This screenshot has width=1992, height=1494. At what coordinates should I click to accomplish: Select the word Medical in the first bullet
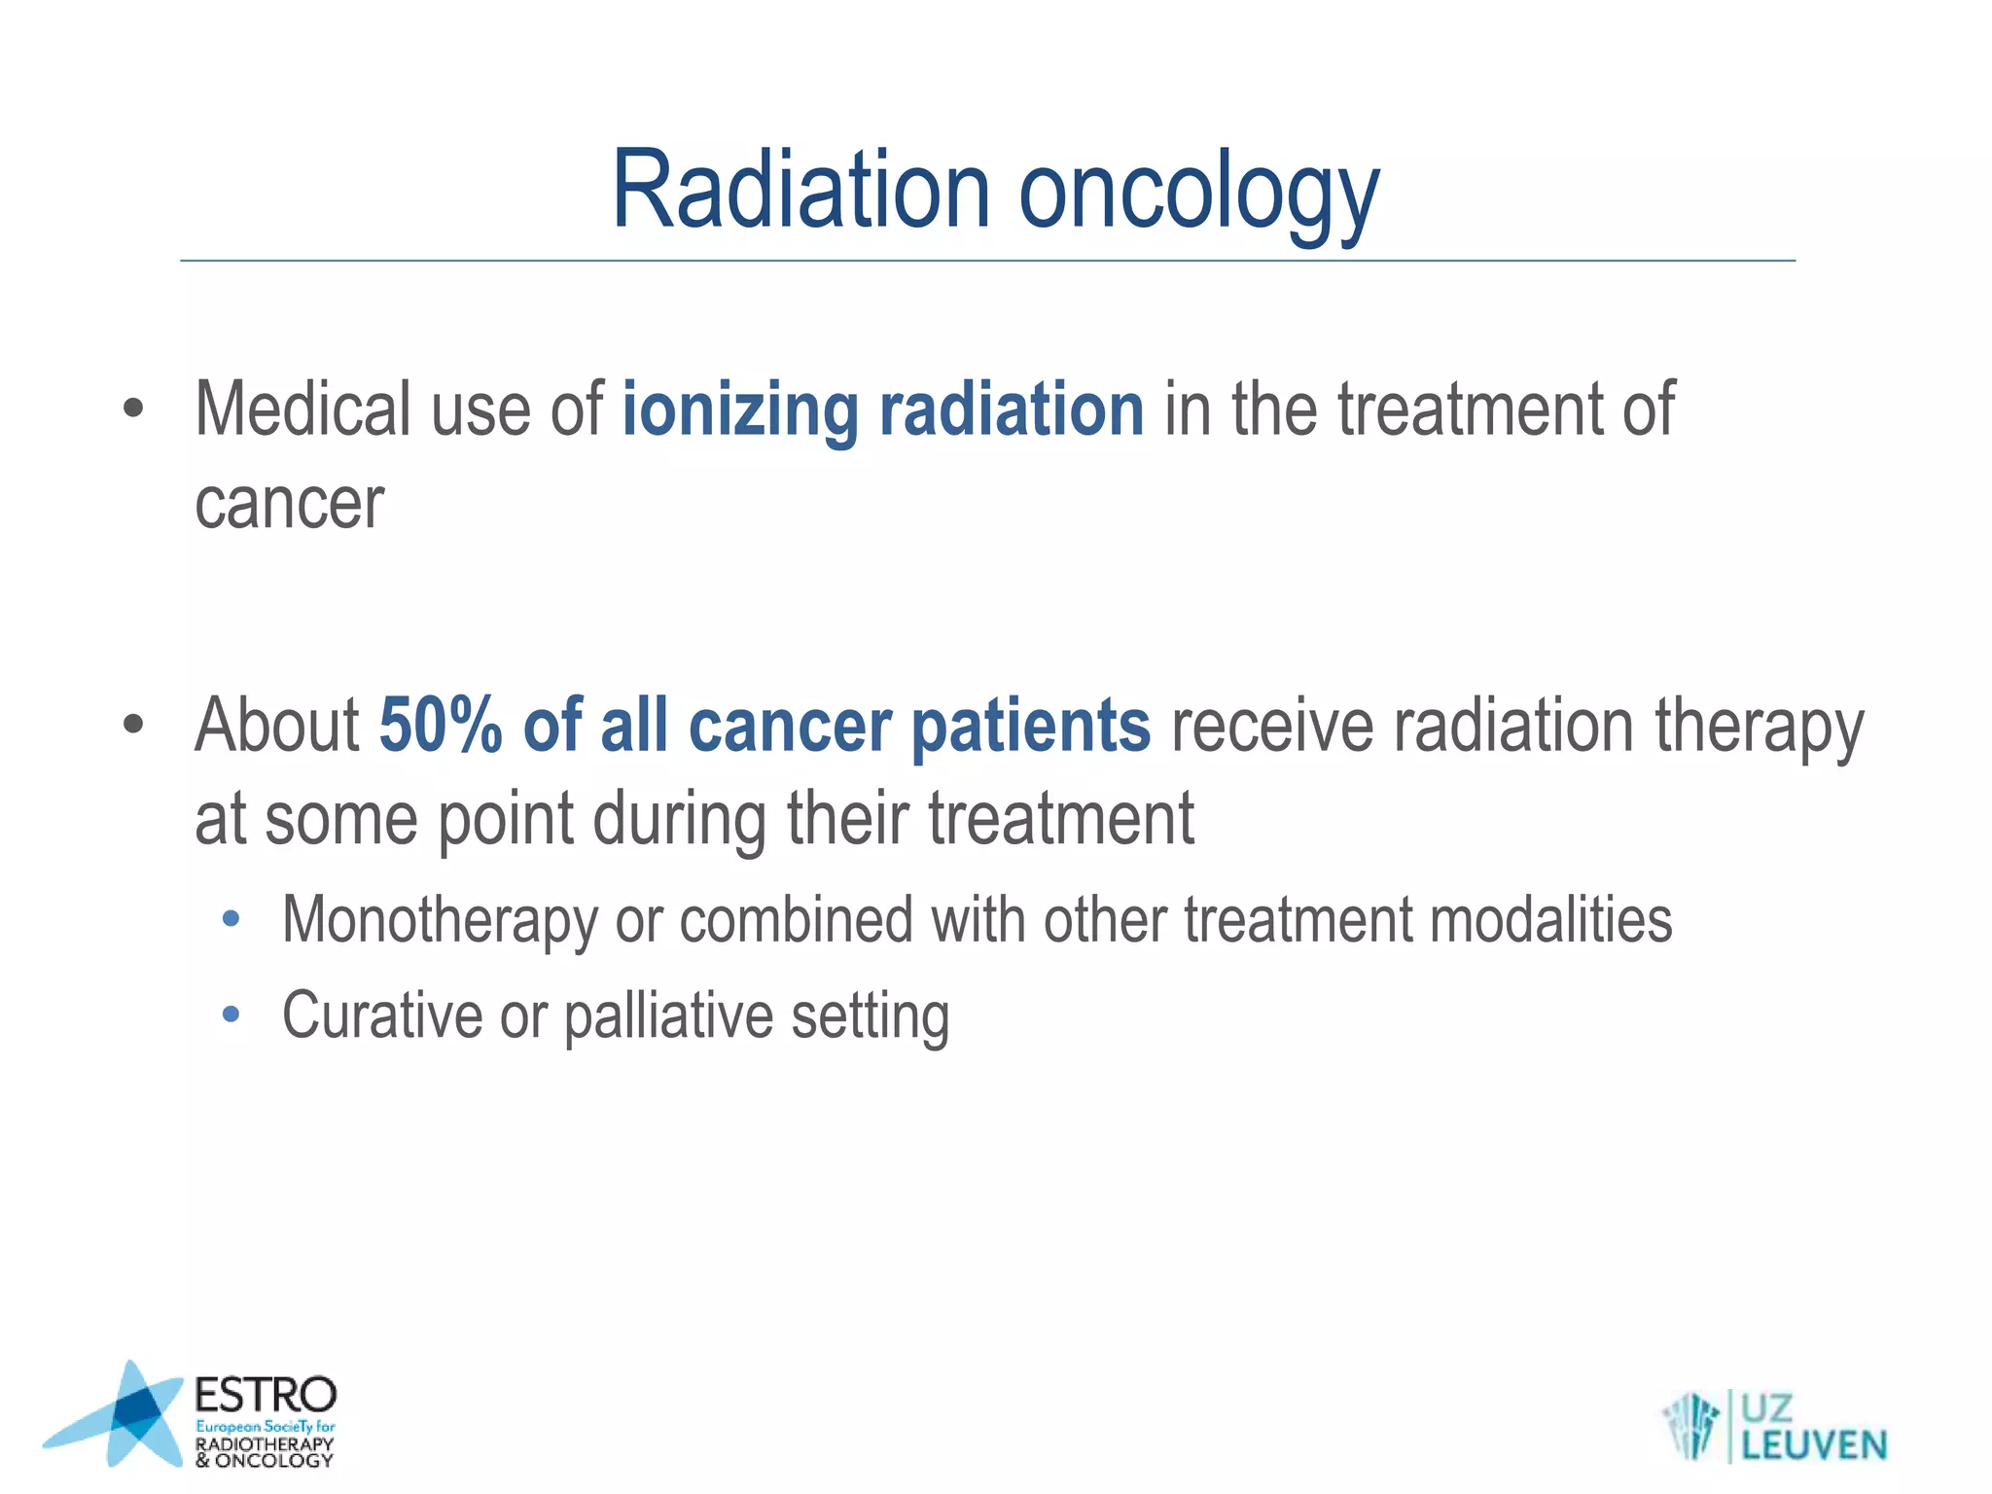pyautogui.click(x=302, y=409)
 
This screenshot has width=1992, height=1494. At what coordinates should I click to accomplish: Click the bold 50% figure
pyautogui.click(x=440, y=726)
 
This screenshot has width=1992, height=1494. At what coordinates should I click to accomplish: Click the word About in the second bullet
pyautogui.click(x=277, y=726)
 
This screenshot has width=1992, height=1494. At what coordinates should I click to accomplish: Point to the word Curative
pyautogui.click(x=381, y=1015)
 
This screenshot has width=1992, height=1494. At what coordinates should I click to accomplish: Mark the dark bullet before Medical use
pyautogui.click(x=133, y=409)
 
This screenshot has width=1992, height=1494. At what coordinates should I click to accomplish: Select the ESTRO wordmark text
pyautogui.click(x=265, y=1396)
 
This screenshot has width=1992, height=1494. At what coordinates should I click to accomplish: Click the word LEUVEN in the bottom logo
pyautogui.click(x=1814, y=1444)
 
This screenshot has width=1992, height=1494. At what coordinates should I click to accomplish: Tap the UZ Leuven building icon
pyautogui.click(x=1690, y=1426)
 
